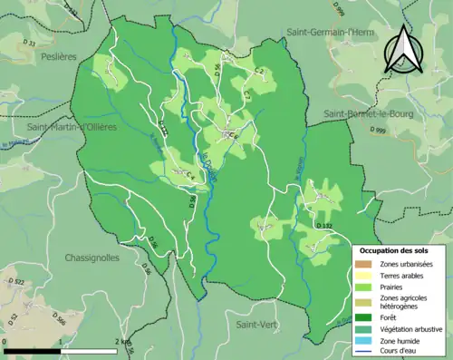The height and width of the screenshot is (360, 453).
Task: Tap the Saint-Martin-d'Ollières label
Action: click(x=72, y=127)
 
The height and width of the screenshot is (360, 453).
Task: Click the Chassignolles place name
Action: click(x=92, y=258)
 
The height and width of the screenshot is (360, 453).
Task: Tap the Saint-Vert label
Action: click(x=257, y=324)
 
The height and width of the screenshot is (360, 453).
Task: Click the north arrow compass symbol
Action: click(x=403, y=49)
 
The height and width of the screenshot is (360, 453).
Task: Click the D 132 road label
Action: click(x=325, y=224)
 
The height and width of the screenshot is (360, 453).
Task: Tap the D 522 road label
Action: click(x=16, y=284)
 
